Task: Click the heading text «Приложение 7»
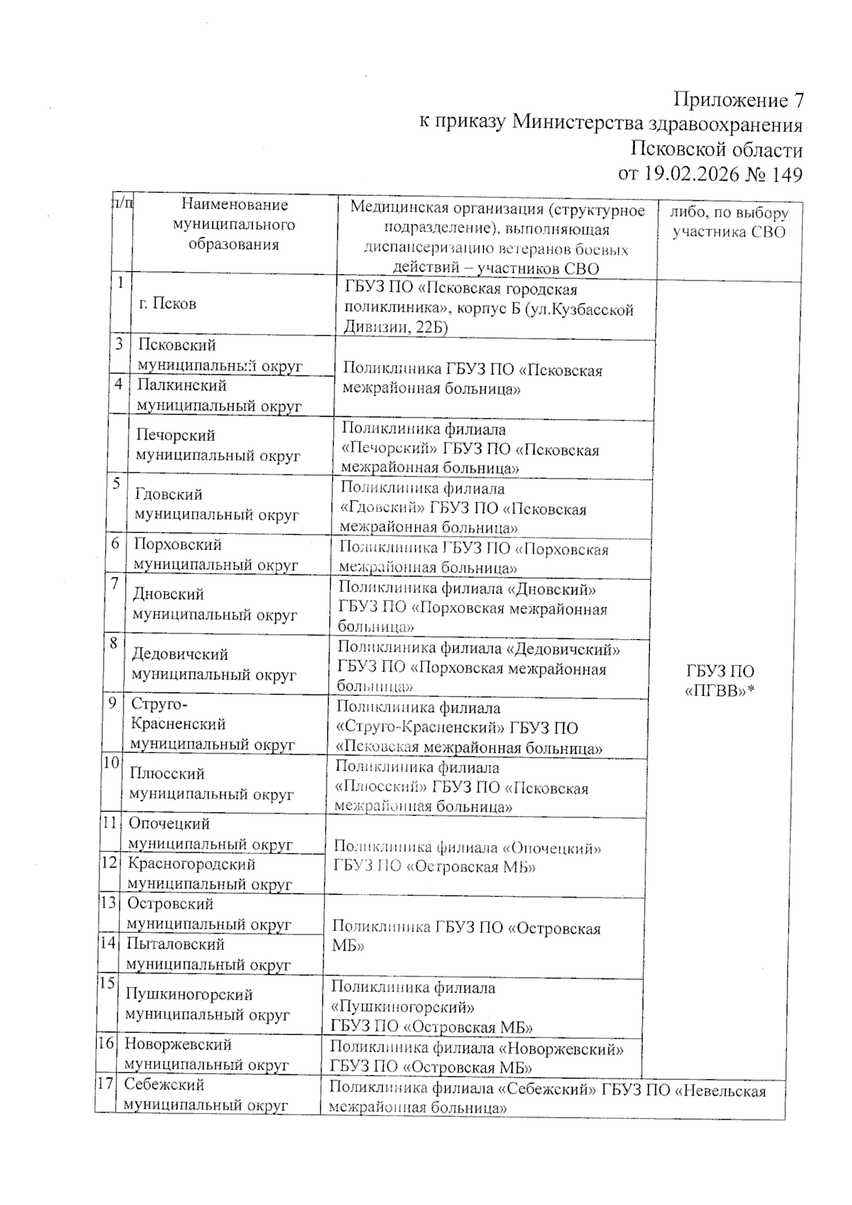click(x=738, y=100)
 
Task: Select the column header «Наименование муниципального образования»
click(x=234, y=224)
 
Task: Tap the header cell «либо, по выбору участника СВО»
click(x=729, y=223)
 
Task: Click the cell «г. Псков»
click(x=167, y=304)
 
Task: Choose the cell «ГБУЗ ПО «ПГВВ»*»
click(x=720, y=681)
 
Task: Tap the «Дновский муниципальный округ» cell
click(x=214, y=605)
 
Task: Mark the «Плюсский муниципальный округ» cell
click(x=211, y=784)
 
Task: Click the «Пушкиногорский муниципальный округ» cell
click(x=208, y=1005)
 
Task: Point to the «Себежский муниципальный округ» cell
click(x=206, y=1095)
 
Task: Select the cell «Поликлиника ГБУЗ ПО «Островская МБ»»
click(x=466, y=937)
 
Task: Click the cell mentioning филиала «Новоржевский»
click(x=476, y=1057)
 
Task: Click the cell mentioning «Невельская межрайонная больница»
click(x=547, y=1098)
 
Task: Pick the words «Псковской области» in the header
click(x=716, y=150)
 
